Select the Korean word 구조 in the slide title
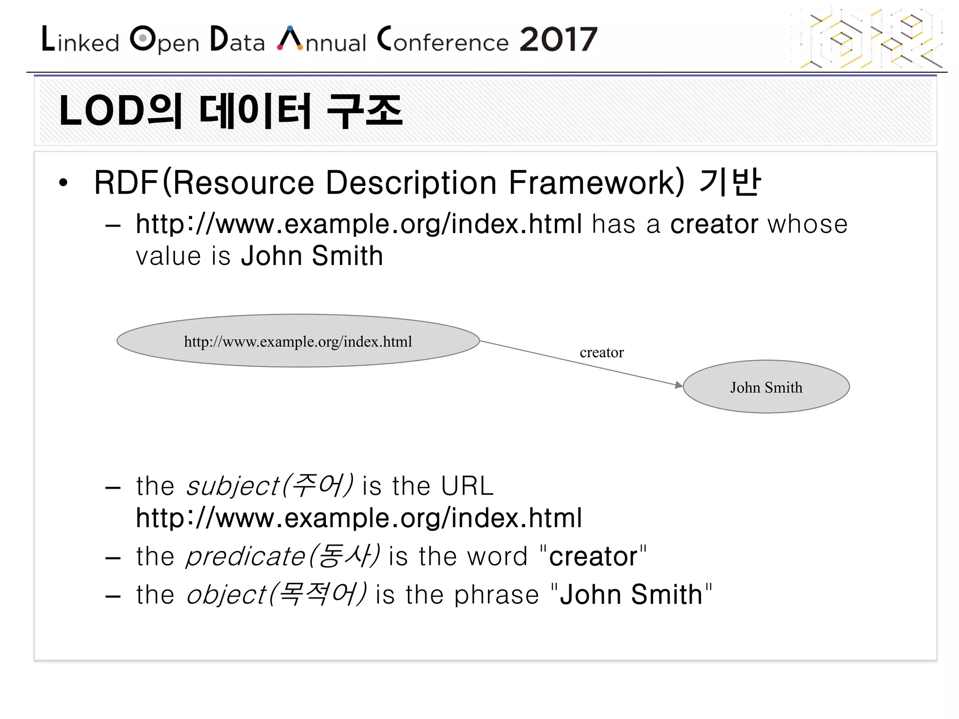364,111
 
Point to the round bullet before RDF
63,183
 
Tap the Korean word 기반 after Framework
730,183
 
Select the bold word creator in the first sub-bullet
714,224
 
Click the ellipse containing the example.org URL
298,341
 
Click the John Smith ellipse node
766,387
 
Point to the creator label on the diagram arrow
602,352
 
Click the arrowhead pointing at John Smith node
679,385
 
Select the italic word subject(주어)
270,486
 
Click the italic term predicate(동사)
282,557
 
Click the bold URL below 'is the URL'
359,519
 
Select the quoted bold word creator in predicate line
593,557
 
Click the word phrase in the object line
496,595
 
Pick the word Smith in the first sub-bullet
347,256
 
